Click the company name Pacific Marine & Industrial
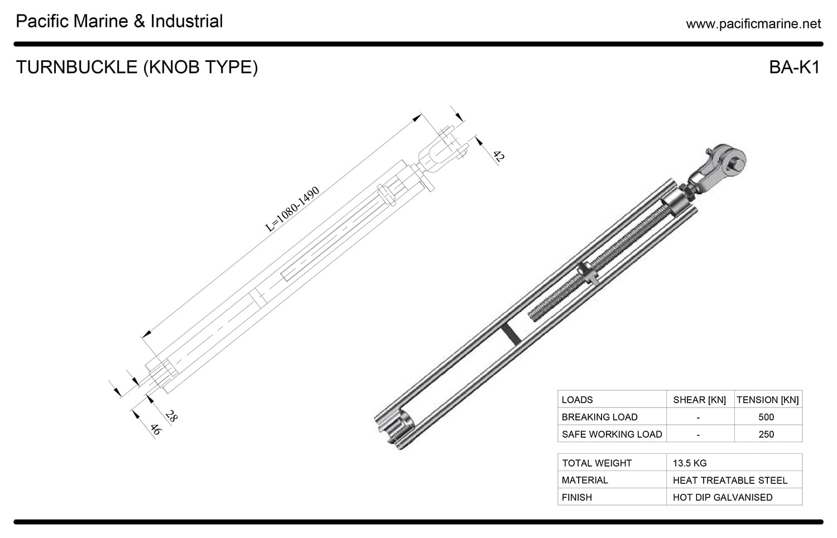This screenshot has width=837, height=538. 119,21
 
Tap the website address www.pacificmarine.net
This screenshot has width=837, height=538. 753,23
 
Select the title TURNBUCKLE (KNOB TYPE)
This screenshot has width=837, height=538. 137,67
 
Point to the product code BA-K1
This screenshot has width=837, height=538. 794,67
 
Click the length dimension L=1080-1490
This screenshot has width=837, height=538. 292,209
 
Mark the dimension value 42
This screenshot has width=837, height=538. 498,156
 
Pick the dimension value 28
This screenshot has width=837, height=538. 171,416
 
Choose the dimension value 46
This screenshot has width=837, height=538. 155,429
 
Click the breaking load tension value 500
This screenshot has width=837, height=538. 766,417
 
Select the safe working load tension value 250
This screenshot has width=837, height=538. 766,434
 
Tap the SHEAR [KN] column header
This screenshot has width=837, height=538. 699,400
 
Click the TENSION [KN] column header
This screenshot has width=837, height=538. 767,400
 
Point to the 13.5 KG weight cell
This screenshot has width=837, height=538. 690,463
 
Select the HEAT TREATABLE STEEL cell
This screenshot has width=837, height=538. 730,480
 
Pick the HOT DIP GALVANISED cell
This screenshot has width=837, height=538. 723,497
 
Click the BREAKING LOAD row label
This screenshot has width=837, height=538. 599,417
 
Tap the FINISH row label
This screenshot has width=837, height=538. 576,497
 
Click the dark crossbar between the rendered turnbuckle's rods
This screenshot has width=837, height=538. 510,333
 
